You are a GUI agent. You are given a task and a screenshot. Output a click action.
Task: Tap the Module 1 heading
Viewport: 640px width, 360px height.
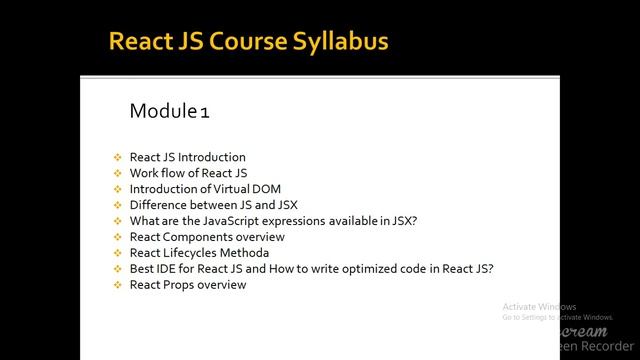[169, 110]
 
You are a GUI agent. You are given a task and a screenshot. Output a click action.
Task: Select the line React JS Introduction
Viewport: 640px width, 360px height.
[187, 157]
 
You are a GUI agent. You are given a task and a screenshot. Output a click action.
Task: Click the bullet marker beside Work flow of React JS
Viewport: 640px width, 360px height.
[117, 173]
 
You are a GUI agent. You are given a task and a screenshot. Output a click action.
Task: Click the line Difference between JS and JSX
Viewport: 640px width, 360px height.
[213, 205]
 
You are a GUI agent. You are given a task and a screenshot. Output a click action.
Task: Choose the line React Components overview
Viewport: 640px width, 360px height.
[207, 237]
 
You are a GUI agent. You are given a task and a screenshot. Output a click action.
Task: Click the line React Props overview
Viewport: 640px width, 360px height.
[187, 285]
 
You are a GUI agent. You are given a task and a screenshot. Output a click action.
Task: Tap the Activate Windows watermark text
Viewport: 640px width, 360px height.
[539, 306]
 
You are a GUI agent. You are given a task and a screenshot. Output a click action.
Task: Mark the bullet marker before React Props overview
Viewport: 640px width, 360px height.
[117, 285]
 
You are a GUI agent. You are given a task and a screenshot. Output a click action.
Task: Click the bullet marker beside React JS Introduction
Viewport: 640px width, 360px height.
[117, 157]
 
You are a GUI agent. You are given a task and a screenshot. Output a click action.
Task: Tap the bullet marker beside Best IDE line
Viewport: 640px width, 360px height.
[117, 269]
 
